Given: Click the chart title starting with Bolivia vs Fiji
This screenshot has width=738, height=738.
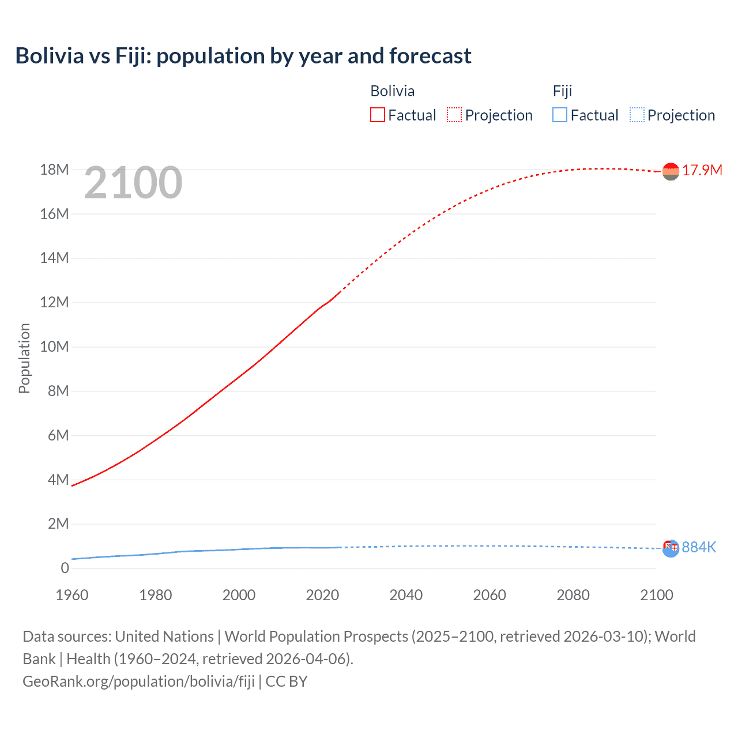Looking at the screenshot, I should tap(243, 56).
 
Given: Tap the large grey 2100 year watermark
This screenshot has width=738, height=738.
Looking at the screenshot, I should tap(133, 183).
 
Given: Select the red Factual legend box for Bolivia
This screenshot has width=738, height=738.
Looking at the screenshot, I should tap(377, 115).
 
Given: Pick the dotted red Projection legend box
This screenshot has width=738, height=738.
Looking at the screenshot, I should tap(454, 115).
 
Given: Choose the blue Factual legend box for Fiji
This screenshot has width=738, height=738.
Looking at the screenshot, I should tap(559, 115).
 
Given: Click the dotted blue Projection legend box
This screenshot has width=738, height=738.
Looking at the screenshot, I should tap(637, 115).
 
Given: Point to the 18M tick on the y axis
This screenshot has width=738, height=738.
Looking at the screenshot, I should tap(54, 170).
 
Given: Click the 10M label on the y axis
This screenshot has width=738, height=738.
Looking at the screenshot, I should tap(54, 347).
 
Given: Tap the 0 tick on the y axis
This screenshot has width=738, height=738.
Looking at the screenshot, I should tap(65, 568).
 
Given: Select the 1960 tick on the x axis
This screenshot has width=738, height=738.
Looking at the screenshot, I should tap(72, 595).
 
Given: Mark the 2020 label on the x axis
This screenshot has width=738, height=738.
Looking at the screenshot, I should tap(322, 595).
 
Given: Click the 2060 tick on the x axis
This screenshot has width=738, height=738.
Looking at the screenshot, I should tap(490, 595).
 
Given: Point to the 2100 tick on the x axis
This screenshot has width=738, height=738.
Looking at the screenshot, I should tap(656, 595).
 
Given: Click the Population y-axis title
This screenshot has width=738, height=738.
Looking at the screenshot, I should tap(24, 358).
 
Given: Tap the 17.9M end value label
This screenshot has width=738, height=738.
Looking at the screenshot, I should tap(702, 170).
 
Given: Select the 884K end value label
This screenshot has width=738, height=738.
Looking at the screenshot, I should tap(699, 547).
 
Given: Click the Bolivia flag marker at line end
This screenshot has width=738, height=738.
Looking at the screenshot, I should tap(671, 171).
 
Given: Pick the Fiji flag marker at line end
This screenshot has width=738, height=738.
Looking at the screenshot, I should tap(671, 548).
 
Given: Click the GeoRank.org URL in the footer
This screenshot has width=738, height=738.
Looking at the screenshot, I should tap(138, 681).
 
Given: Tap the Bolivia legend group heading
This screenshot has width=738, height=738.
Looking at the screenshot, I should tap(392, 91).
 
